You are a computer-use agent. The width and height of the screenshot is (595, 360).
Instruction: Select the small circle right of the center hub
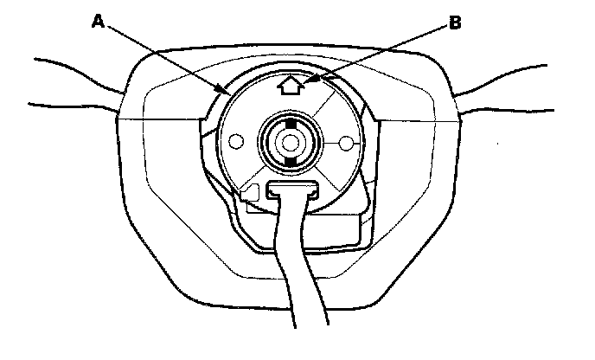click(346, 141)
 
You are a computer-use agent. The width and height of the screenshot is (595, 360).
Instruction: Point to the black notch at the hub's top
click(289, 124)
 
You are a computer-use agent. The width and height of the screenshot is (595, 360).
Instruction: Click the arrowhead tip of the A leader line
click(227, 91)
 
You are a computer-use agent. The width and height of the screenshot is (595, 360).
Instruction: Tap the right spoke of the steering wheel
click(519, 87)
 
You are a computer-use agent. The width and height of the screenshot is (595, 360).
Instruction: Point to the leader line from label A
click(164, 56)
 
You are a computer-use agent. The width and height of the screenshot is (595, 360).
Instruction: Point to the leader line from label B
click(381, 52)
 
